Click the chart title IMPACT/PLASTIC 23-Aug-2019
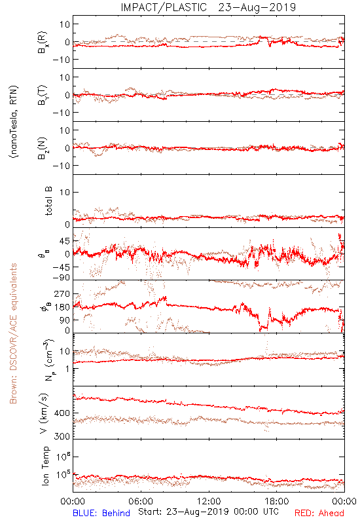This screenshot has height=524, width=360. click(208, 7)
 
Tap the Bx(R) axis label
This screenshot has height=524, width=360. click(43, 42)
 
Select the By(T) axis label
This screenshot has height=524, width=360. click(43, 95)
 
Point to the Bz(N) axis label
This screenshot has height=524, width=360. click(43, 148)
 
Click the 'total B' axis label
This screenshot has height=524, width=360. click(48, 200)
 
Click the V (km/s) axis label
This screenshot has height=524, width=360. click(44, 413)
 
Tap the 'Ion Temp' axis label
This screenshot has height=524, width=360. click(45, 466)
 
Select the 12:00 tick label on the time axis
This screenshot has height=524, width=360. click(209, 501)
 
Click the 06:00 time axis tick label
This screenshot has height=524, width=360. click(141, 501)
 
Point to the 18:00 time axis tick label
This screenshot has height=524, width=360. click(276, 501)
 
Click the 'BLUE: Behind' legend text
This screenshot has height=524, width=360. click(101, 513)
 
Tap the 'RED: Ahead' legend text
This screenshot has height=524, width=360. click(319, 513)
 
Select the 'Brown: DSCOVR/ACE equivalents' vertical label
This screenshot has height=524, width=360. click(13, 333)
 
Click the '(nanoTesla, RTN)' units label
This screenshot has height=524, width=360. click(14, 122)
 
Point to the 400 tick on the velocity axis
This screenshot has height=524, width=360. click(62, 413)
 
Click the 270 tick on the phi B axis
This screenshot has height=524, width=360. click(62, 294)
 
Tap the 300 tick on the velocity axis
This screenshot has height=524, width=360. click(62, 436)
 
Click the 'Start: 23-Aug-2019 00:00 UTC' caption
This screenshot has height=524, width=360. click(208, 512)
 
